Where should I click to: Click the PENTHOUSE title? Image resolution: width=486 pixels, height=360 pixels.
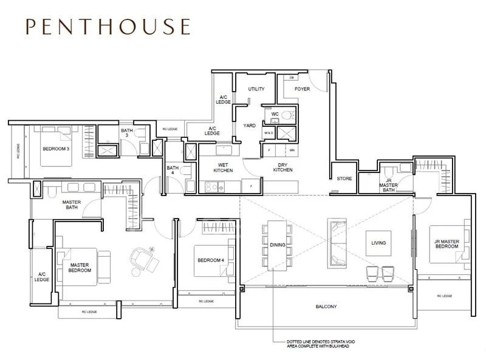pos(108,27)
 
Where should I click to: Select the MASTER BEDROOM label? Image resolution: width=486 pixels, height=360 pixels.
pos(80,268)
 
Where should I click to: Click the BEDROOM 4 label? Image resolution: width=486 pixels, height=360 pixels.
pos(210,260)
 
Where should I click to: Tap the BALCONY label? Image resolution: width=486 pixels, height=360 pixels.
pos(326,307)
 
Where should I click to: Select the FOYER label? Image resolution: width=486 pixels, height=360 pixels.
pos(302,89)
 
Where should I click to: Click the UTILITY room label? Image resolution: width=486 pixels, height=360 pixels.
pos(256,89)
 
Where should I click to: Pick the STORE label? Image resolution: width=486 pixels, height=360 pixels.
pos(344,179)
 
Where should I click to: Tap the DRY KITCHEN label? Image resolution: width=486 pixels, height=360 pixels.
pos(282,168)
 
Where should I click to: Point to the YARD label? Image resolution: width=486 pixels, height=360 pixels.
pos(249,126)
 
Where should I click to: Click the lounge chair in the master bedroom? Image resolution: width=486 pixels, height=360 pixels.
pos(144,259)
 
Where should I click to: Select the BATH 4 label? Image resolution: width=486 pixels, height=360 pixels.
pos(173,171)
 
